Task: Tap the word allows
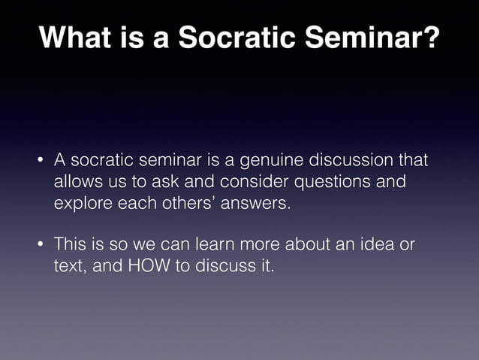[x=77, y=182]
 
